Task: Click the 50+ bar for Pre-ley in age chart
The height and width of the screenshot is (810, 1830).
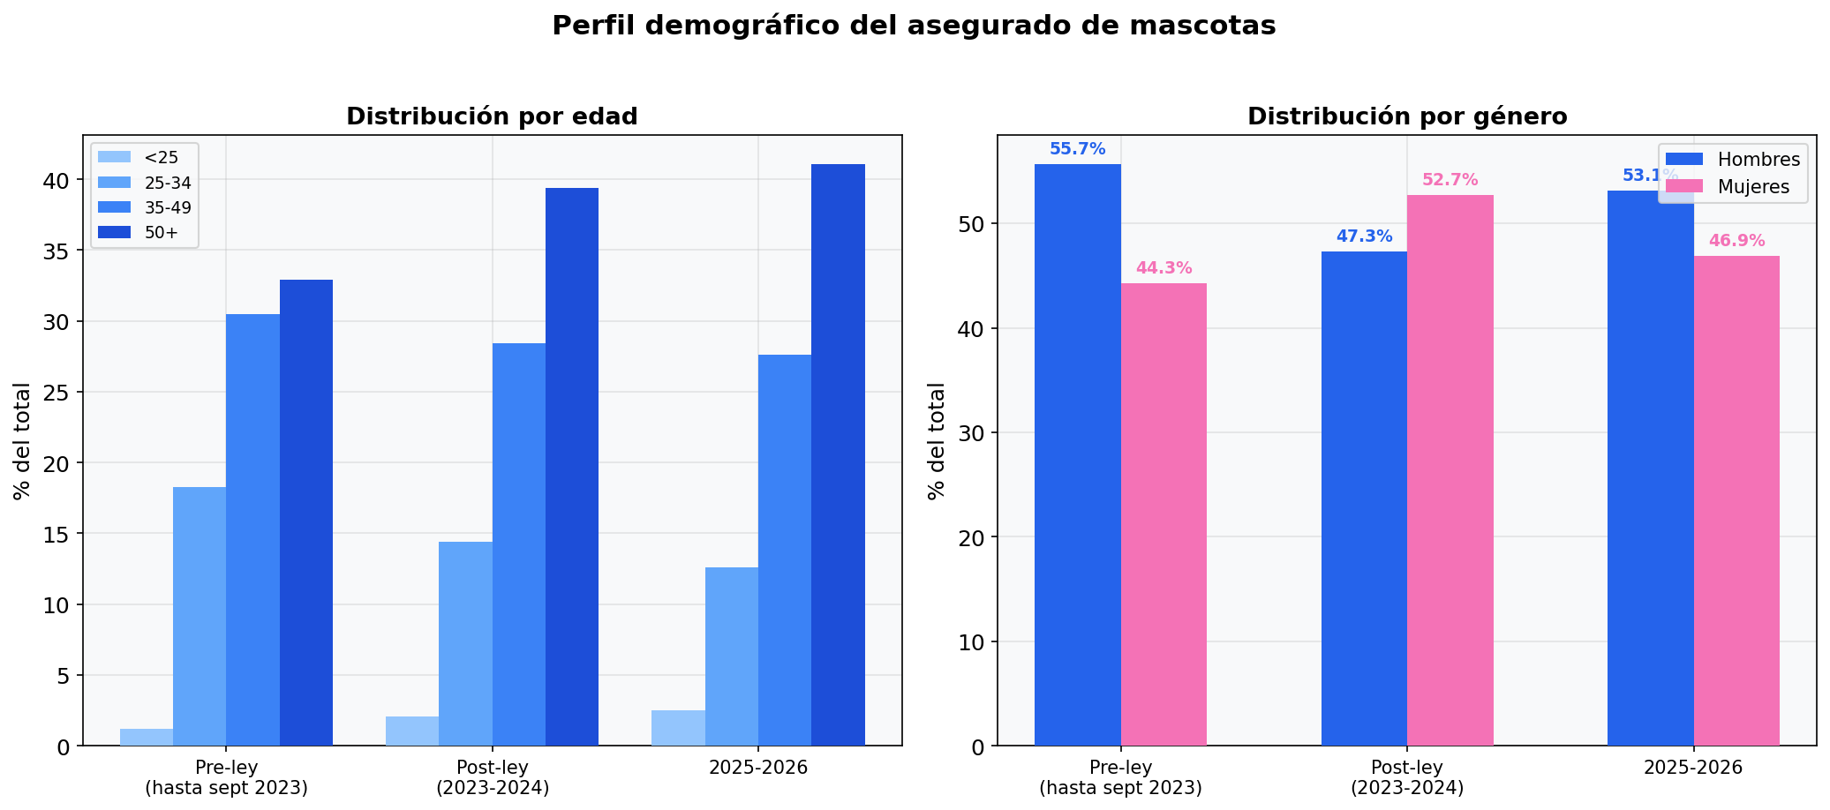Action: [305, 512]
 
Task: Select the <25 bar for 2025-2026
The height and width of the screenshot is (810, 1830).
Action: [678, 728]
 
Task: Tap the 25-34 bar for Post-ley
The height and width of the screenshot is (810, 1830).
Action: [465, 643]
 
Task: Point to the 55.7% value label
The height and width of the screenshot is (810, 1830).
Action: [1077, 149]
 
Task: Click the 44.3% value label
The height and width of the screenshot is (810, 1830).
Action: [1164, 268]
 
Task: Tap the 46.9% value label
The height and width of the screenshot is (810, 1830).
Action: [1736, 241]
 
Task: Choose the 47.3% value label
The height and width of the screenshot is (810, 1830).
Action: [1364, 236]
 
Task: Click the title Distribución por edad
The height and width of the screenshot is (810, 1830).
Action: [492, 116]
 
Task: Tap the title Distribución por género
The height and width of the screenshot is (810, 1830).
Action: [1407, 116]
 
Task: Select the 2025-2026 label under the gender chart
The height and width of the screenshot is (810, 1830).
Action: [1693, 768]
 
